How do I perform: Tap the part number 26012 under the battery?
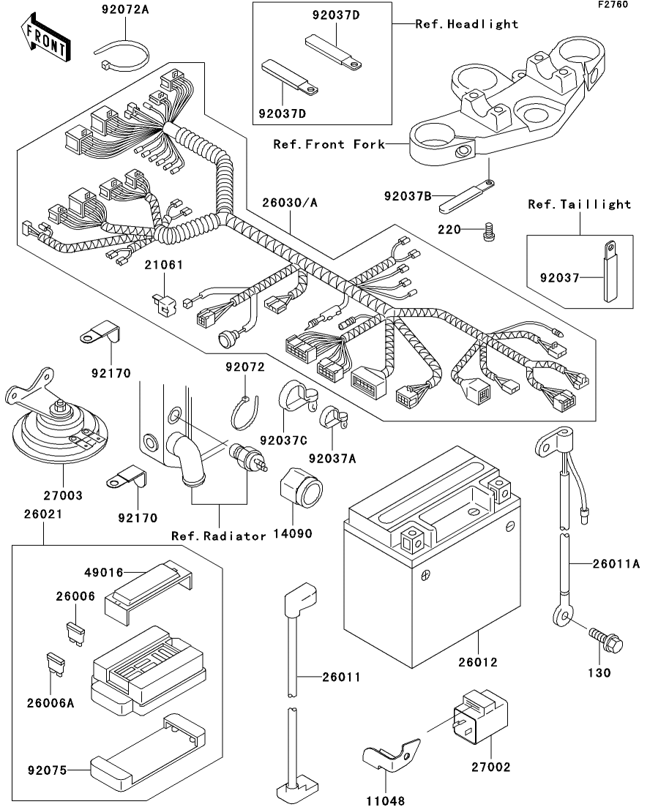pos(479,662)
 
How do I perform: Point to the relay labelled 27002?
pos(482,716)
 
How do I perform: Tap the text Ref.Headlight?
pos(467,24)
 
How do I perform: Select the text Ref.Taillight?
pos(580,204)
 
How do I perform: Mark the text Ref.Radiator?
pos(219,536)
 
